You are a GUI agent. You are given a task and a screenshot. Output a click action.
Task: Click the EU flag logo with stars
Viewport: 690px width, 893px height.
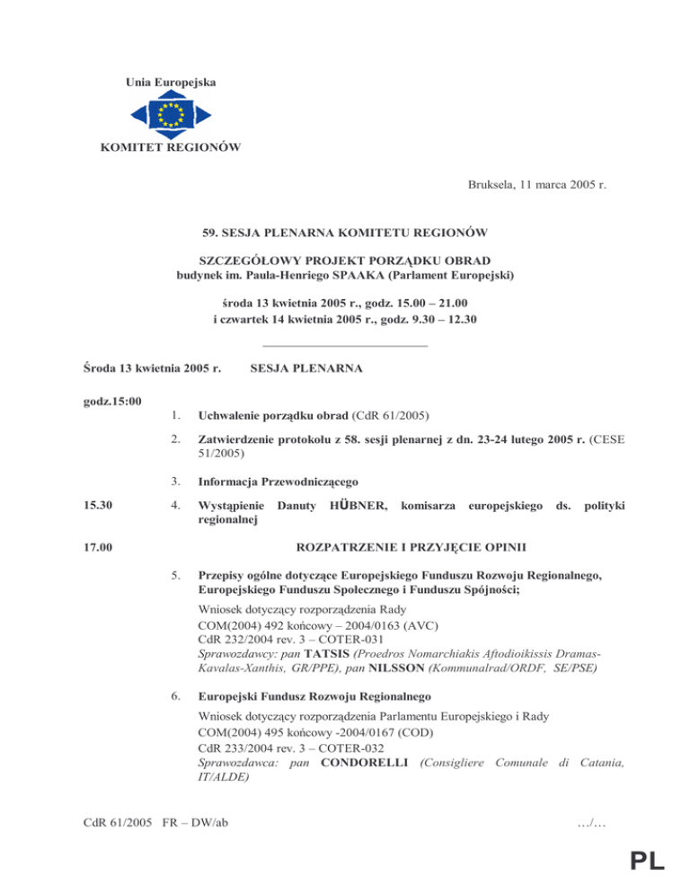(x=170, y=114)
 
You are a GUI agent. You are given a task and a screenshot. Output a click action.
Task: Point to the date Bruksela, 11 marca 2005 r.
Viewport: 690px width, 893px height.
(x=536, y=187)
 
